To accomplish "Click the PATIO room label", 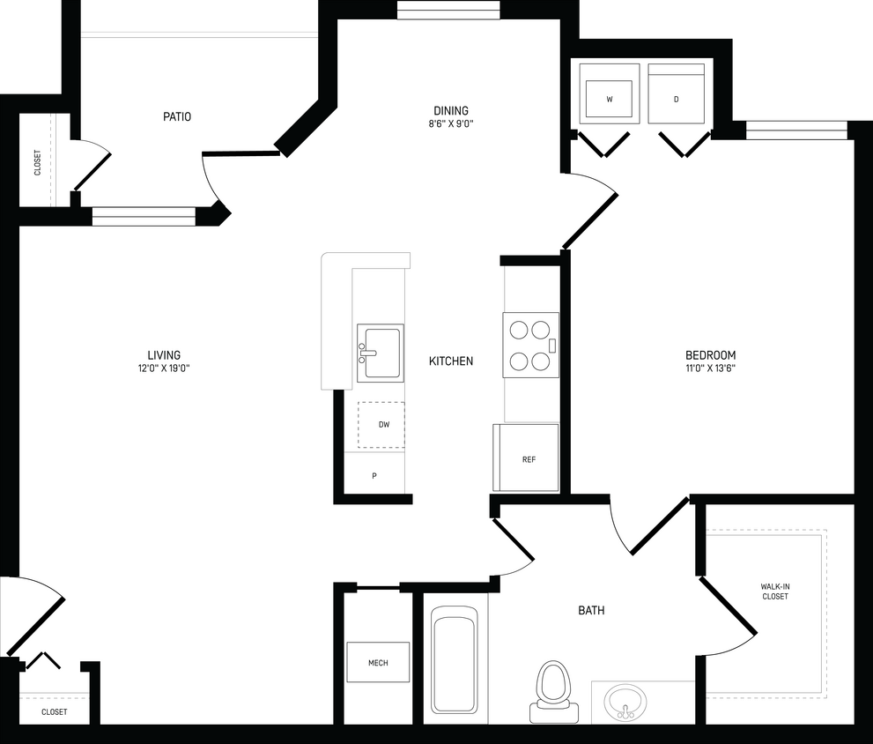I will [x=177, y=116].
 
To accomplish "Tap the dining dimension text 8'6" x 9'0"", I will [x=450, y=124].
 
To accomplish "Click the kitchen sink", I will [x=381, y=353].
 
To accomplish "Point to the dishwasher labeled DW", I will [x=382, y=425].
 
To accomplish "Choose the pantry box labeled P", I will [x=374, y=476].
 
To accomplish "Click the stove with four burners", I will [x=530, y=345].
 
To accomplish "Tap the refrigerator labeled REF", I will [x=527, y=457].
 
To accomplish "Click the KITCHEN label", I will [x=451, y=361].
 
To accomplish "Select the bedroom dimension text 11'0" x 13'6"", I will [x=710, y=368].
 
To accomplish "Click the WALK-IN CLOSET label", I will [x=774, y=591].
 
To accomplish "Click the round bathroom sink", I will [x=625, y=703].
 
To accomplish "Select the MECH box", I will [x=377, y=662].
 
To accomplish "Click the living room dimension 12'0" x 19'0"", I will [x=159, y=368].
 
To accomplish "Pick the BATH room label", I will [x=591, y=610].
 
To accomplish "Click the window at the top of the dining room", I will [x=448, y=11].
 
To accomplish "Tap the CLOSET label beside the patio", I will [x=38, y=162].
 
